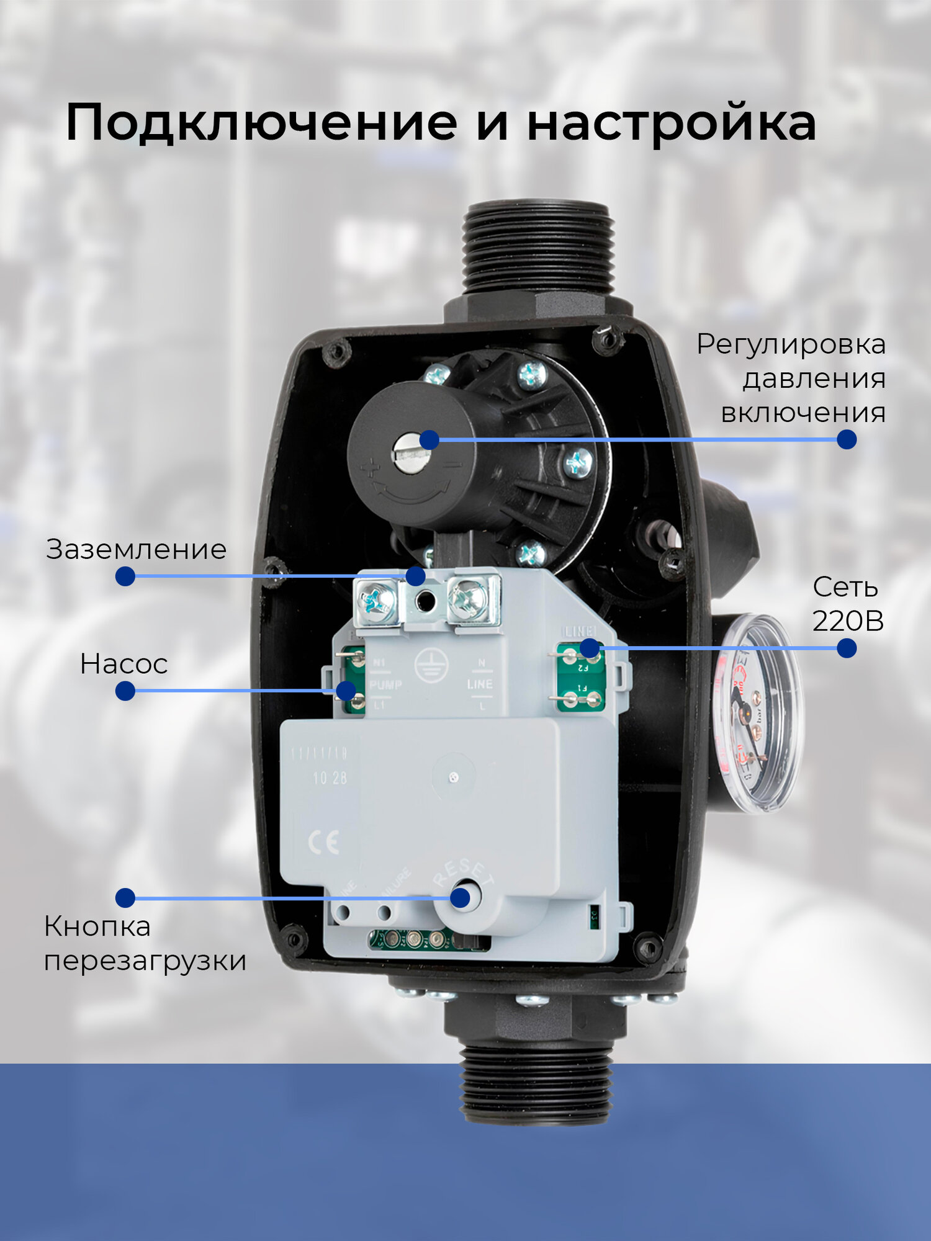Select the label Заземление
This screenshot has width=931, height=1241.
click(x=137, y=550)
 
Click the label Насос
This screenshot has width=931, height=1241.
click(x=124, y=664)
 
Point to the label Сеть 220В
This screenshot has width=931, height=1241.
click(x=847, y=604)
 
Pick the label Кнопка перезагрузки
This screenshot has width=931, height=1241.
click(x=145, y=943)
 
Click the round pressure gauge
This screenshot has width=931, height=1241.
click(x=757, y=714)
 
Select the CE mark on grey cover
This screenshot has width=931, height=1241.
click(x=323, y=842)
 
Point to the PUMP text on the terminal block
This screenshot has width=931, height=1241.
click(x=385, y=685)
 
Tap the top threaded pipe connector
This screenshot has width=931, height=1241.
click(x=537, y=248)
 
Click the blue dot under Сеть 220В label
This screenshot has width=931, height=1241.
click(x=847, y=648)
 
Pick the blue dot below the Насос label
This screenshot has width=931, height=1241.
click(x=125, y=691)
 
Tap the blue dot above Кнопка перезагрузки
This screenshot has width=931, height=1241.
click(x=125, y=897)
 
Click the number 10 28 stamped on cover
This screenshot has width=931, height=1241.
click(x=330, y=778)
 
